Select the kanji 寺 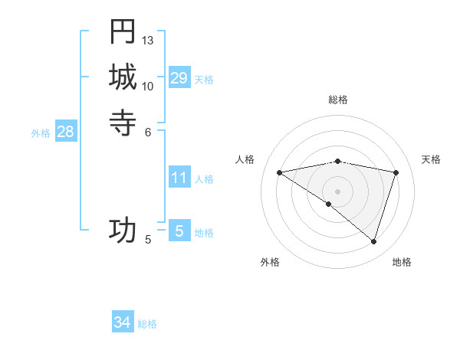point(123,121)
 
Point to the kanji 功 point(123,230)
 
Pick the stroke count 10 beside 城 point(148,86)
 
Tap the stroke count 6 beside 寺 point(148,131)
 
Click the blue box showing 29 point(179,77)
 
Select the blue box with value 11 point(179,178)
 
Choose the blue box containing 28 point(66,132)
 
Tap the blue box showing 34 point(123,322)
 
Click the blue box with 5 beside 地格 point(179,231)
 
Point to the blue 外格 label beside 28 point(41,133)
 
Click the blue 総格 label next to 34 point(147,324)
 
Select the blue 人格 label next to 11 point(204,179)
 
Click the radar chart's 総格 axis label point(337,100)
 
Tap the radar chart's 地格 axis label point(402,262)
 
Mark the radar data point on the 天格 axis point(396,172)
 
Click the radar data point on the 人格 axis point(280,172)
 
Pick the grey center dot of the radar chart point(337,191)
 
